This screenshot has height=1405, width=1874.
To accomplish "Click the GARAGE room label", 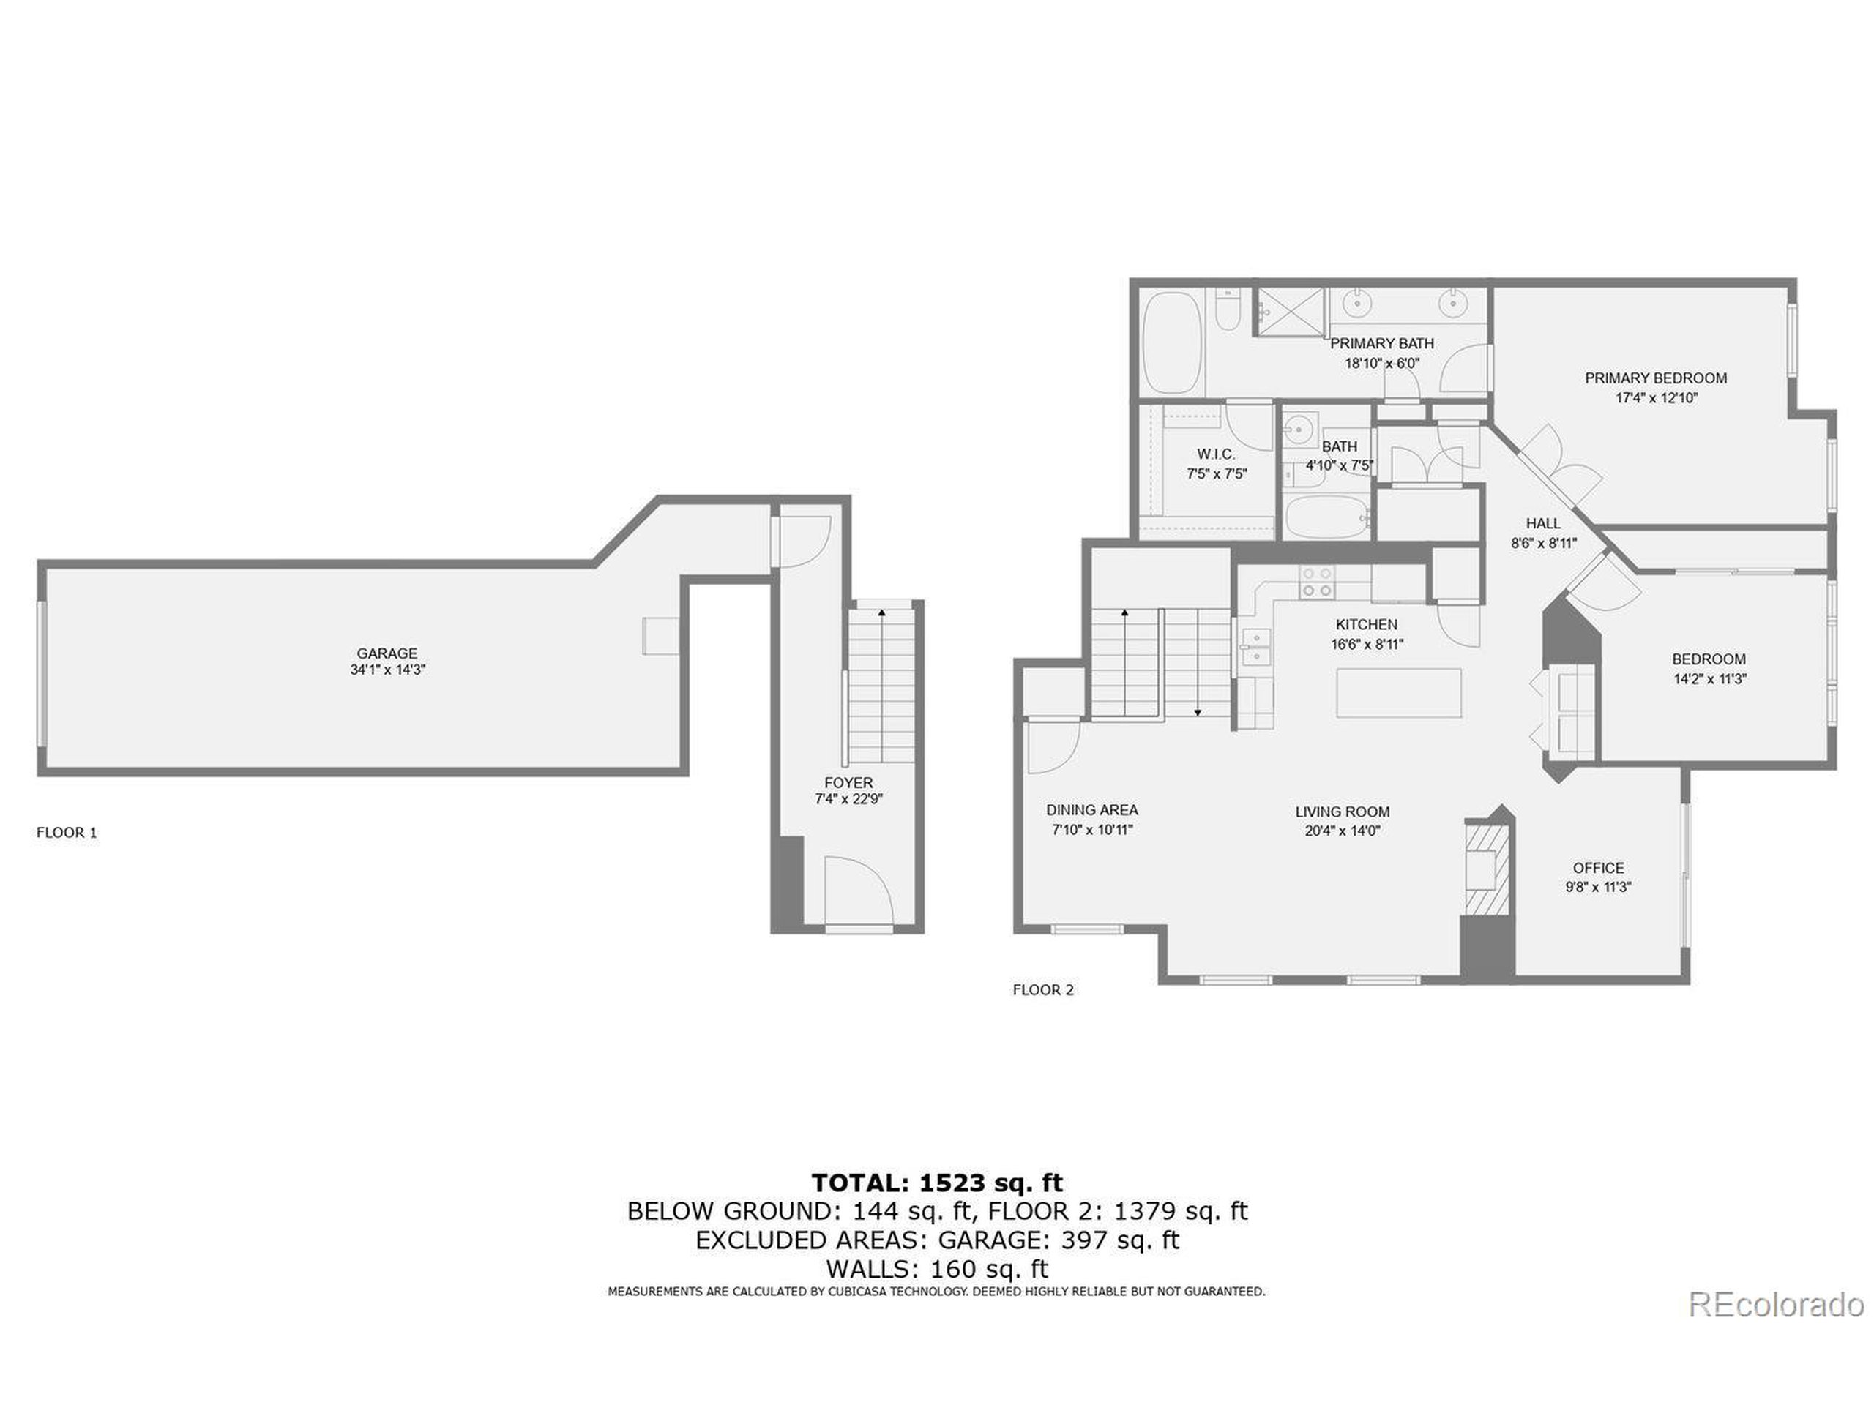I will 387,653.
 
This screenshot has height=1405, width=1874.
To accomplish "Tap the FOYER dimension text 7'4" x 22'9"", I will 848,798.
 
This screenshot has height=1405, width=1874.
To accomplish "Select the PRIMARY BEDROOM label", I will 1655,378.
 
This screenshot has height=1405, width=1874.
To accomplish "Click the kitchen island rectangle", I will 1399,693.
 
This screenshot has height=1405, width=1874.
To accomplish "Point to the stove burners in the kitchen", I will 1315,581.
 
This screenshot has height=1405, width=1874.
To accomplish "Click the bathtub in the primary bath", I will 1173,342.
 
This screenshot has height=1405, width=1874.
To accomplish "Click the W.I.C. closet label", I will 1216,454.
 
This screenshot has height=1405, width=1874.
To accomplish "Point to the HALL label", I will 1542,523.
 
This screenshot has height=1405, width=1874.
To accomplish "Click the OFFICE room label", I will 1598,868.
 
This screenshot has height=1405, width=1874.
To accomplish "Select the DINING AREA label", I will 1091,809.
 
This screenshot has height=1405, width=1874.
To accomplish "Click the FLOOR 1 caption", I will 66,833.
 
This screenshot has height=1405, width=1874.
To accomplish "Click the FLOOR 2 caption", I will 1043,989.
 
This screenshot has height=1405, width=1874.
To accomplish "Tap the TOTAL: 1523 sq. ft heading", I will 936,1183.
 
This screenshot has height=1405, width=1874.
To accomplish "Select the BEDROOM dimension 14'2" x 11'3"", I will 1709,678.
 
